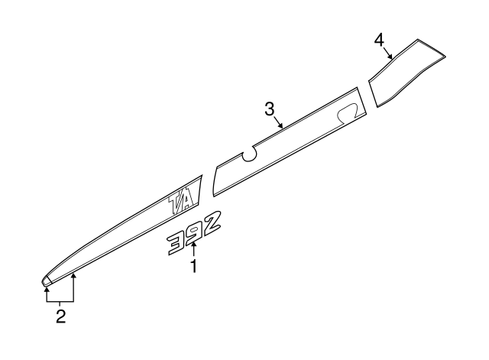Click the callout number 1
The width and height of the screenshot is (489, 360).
194,266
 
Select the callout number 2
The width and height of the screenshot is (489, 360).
61,316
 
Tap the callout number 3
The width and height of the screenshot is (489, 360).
270,109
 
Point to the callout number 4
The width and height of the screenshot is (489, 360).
379,41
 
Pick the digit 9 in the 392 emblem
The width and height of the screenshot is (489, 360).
194,233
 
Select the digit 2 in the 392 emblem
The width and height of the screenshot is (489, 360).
211,222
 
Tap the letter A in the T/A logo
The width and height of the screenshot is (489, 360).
189,199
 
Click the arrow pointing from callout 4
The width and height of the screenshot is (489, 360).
387,53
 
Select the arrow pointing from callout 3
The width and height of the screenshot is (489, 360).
278,122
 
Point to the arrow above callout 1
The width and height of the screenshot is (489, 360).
194,250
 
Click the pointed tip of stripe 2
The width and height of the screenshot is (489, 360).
43,283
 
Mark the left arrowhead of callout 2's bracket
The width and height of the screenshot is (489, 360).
47,289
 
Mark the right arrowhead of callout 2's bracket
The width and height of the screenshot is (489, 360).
73,275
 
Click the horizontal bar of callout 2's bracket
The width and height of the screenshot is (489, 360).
60,302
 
